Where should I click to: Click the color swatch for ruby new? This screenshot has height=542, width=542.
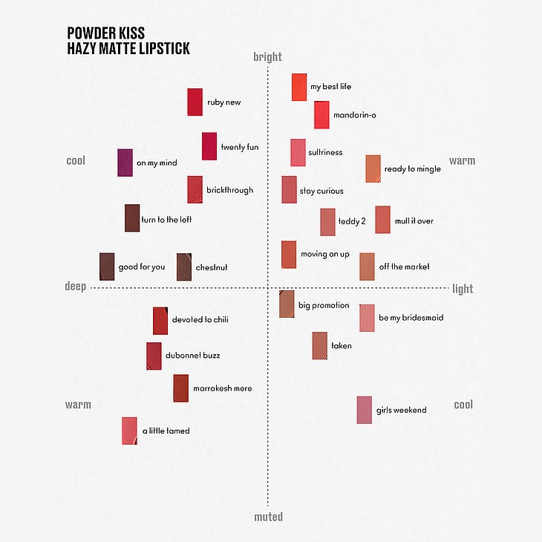click(x=195, y=102)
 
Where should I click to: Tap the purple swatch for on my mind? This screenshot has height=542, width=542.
click(x=125, y=163)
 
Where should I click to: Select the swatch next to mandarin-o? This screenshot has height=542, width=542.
click(x=321, y=114)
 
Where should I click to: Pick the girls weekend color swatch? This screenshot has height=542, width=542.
click(x=364, y=410)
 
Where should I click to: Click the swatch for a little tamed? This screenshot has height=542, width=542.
click(x=130, y=431)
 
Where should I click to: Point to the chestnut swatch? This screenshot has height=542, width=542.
click(x=184, y=267)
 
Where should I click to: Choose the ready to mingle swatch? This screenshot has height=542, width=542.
click(x=373, y=169)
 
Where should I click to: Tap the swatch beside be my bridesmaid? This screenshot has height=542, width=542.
click(x=367, y=318)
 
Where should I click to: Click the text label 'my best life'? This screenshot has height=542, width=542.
click(x=331, y=87)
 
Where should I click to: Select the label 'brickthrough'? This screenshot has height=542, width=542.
click(x=229, y=190)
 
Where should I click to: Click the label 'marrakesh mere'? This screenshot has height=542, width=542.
click(x=222, y=388)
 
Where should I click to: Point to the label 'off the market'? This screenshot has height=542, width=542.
click(x=404, y=267)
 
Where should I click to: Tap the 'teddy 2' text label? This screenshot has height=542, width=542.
click(x=352, y=221)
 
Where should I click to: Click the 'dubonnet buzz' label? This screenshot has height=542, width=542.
click(x=192, y=356)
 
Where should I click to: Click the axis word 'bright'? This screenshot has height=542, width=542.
click(x=267, y=57)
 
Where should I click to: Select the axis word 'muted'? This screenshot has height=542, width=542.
click(x=267, y=516)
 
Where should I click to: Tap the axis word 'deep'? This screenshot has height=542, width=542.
click(x=75, y=287)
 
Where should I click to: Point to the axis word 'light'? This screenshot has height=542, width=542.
click(x=463, y=289)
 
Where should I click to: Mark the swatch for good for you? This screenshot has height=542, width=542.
click(x=107, y=267)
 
